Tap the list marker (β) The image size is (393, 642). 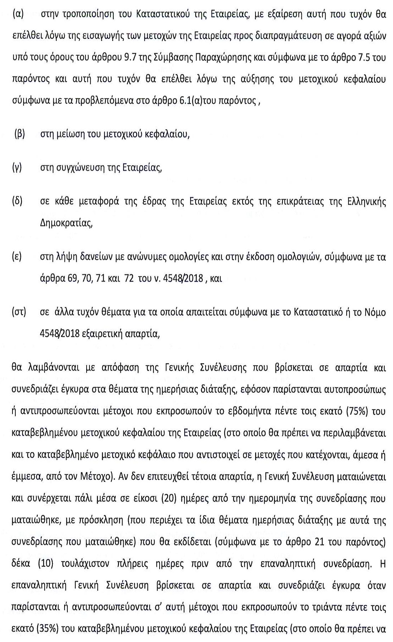click(19, 135)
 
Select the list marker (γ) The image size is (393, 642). click(17, 167)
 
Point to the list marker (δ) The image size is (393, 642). click(17, 201)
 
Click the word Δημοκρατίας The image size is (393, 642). click(66, 224)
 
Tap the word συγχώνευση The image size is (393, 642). click(78, 168)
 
